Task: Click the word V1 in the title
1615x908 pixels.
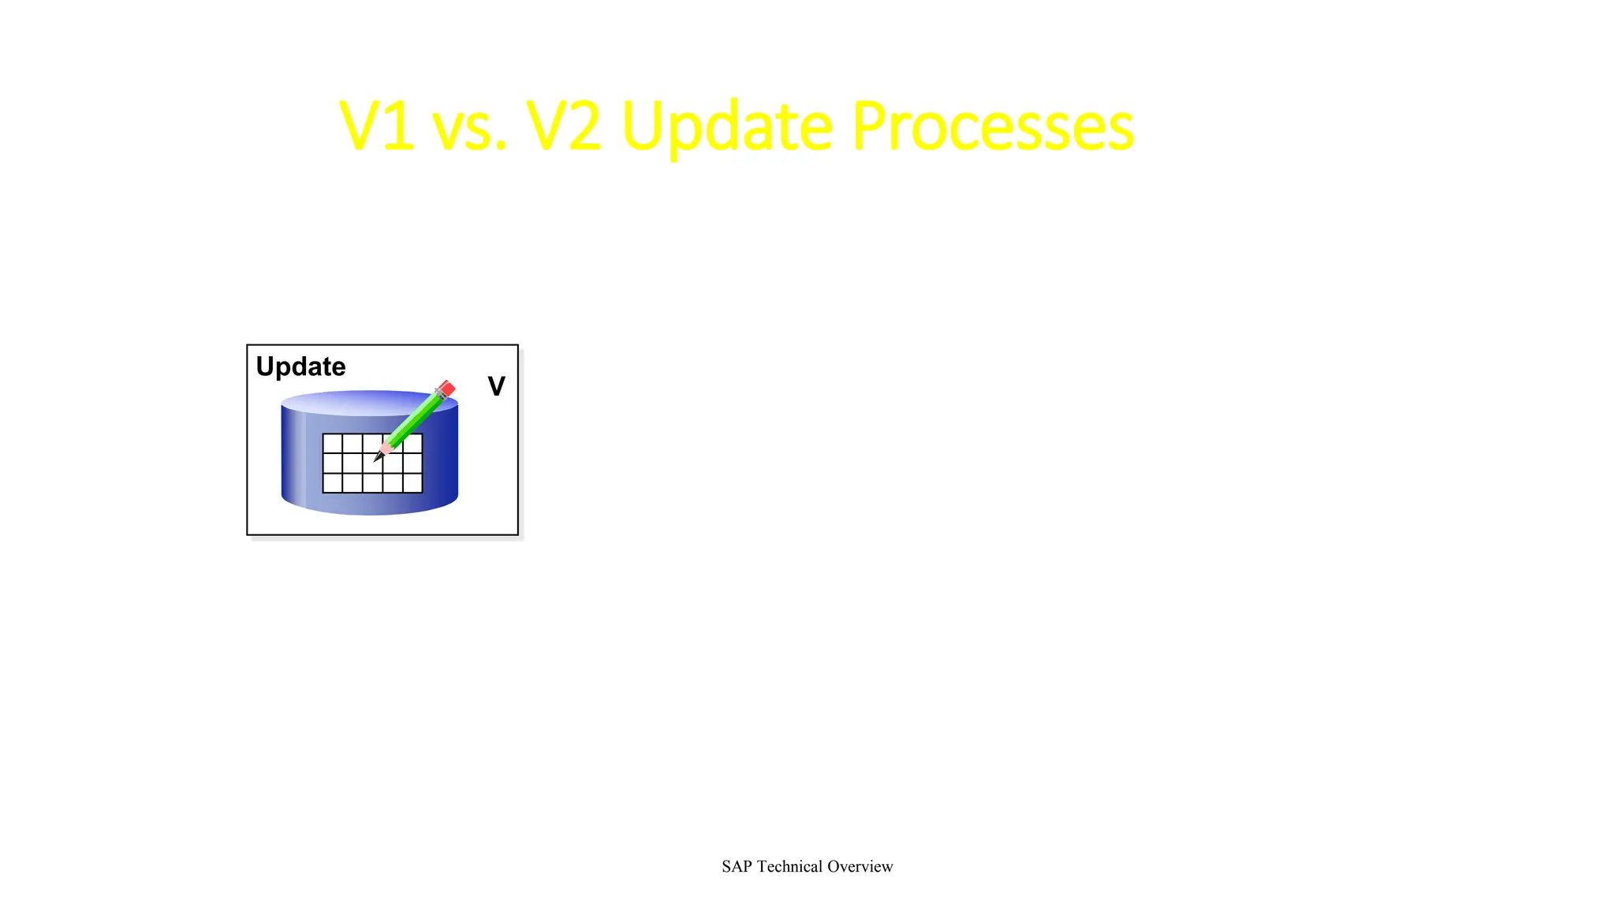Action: pos(376,127)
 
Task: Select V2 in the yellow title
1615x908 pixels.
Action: pos(563,127)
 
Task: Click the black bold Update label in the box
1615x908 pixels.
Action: pos(300,367)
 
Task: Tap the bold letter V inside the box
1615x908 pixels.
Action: pos(496,387)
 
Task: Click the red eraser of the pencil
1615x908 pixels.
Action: pos(446,389)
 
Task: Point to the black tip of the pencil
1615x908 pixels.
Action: pos(378,457)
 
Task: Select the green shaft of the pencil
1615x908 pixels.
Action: pos(414,419)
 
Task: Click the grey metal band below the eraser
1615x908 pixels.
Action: pos(438,395)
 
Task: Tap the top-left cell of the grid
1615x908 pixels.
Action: pos(333,444)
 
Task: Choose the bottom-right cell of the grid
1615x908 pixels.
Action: pos(412,482)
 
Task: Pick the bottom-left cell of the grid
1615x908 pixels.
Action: pos(333,482)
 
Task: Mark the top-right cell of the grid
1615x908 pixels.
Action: pos(413,443)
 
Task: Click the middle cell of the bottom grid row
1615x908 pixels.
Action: pos(373,482)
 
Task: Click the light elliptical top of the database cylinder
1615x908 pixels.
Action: pos(347,403)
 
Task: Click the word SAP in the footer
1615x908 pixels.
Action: pos(737,866)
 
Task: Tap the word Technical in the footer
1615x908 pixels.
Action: pos(789,866)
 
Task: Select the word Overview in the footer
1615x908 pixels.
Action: pos(860,866)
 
